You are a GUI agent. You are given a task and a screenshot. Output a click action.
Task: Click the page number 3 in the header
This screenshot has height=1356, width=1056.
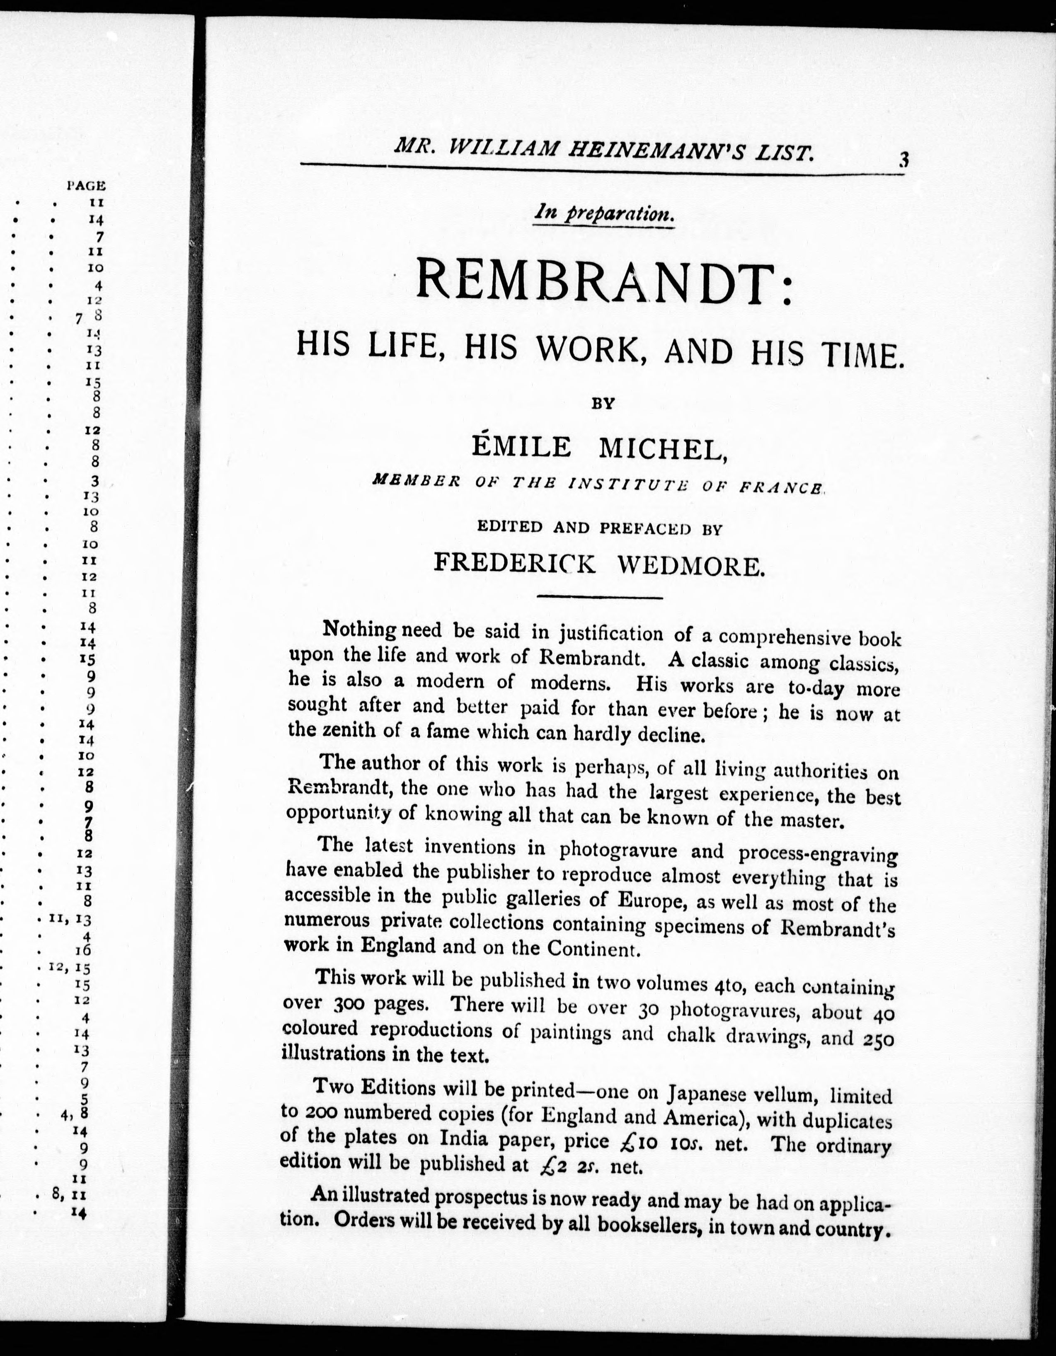point(903,160)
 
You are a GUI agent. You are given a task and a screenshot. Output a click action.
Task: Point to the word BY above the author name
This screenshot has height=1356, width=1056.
point(602,404)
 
